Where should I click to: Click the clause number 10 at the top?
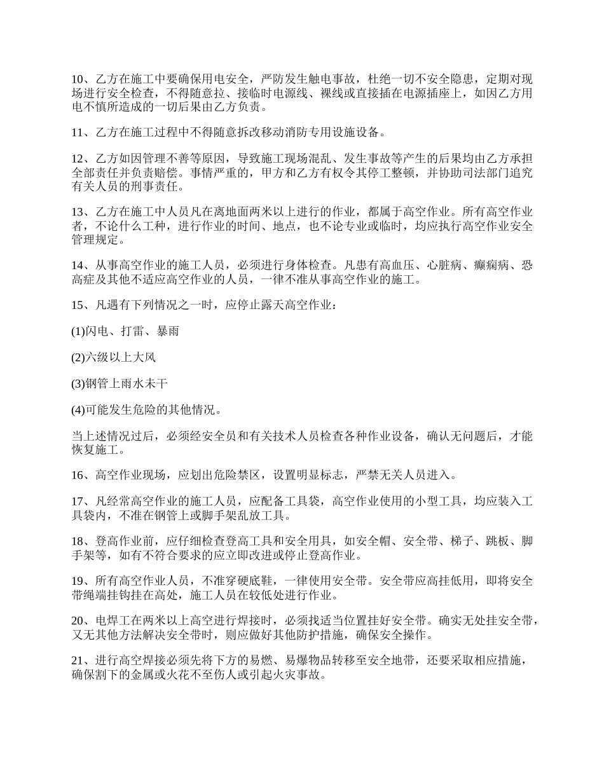point(78,79)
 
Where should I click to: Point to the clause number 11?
point(78,132)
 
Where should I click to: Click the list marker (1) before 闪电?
point(78,332)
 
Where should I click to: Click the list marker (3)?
point(78,385)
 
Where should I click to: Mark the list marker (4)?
point(78,411)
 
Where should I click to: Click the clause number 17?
point(78,502)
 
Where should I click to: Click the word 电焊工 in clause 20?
point(113,622)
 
